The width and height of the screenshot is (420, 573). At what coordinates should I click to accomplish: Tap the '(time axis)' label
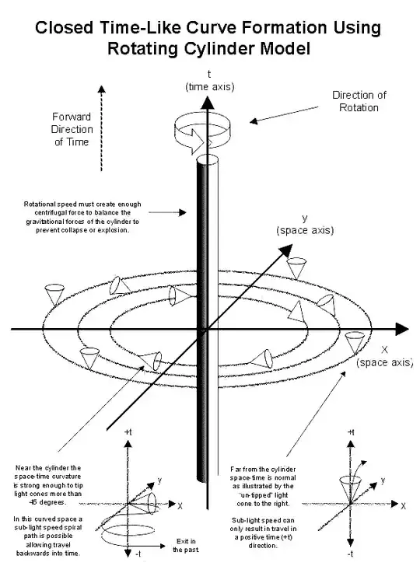point(210,86)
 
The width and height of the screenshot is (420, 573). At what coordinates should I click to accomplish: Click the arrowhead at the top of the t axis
point(208,103)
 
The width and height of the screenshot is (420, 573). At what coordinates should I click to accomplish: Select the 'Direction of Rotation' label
point(359,101)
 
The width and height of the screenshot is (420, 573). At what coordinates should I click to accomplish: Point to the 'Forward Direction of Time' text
point(72,129)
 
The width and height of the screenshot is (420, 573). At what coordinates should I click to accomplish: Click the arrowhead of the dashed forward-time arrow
point(102,89)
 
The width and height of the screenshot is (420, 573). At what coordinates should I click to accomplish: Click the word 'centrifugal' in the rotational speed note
point(54,213)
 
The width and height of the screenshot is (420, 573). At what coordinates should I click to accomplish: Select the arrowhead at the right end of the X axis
point(401,329)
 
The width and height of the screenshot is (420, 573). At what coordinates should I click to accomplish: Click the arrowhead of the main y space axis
point(286,250)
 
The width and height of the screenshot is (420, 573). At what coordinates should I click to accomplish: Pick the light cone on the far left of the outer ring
point(54,295)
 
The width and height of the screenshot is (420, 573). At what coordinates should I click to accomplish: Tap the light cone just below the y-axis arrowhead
point(296,267)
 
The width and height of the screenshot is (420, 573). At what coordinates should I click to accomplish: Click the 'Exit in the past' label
point(186,546)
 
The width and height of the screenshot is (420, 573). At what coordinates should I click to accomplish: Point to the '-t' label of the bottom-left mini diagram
point(138,554)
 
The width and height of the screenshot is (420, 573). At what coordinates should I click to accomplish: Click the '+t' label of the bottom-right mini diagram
point(351,432)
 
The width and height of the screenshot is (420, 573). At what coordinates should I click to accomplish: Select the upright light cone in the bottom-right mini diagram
point(350,488)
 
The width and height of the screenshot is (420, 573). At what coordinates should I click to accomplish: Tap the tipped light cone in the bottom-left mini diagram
point(145,503)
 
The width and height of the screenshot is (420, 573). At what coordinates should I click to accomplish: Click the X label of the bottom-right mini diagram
point(403,506)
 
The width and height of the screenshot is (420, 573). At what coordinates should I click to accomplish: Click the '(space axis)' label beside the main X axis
point(385,362)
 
